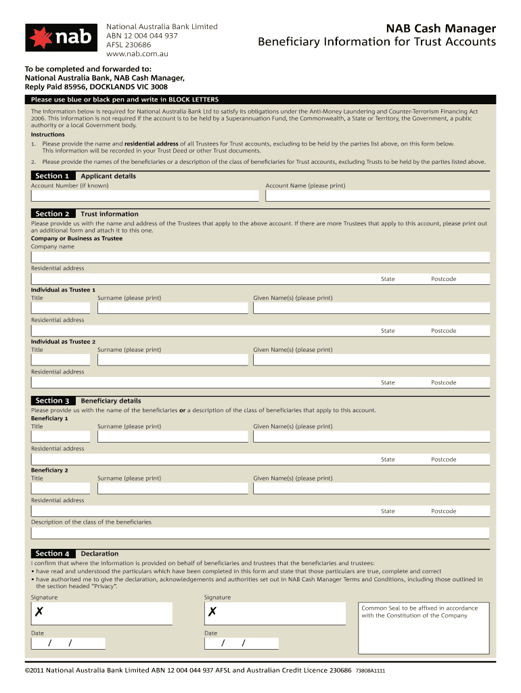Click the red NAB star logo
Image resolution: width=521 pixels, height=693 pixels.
tap(41, 38)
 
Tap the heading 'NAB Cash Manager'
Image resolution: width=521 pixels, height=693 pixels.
tap(440, 28)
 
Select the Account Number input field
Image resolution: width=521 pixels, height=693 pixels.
tap(145, 196)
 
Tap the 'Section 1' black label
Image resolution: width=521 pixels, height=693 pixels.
tap(52, 176)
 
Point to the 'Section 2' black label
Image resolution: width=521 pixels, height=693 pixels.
tap(52, 214)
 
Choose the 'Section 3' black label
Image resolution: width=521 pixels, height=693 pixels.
tap(52, 401)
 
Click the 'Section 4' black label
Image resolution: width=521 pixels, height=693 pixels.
tap(52, 554)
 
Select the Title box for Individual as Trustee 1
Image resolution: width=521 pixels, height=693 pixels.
tap(60, 308)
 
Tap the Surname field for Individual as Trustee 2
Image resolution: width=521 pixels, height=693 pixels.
tap(172, 359)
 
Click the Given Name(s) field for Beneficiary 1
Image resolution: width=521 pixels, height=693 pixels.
tap(371, 437)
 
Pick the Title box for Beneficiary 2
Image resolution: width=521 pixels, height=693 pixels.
tap(60, 488)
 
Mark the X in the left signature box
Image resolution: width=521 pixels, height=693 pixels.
tap(40, 612)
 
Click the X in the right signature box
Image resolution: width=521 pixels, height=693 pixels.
tap(212, 612)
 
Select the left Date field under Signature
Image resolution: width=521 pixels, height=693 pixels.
tap(68, 643)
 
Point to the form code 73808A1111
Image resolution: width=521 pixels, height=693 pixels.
tap(370, 671)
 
